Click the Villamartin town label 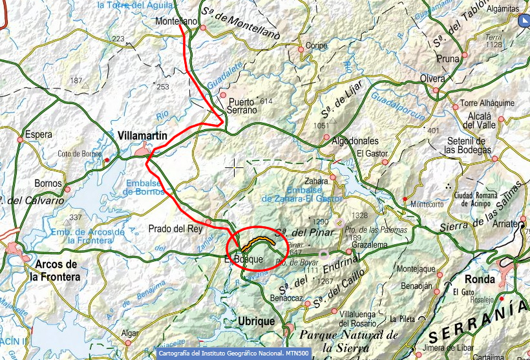pyautogui.click(x=143, y=136)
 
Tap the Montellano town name pyautogui.click(x=176, y=21)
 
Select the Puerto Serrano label pyautogui.click(x=242, y=105)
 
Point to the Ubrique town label pyautogui.click(x=257, y=321)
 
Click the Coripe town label pyautogui.click(x=317, y=47)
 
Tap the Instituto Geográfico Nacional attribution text pyautogui.click(x=233, y=354)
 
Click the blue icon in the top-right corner pyautogui.click(x=524, y=22)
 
